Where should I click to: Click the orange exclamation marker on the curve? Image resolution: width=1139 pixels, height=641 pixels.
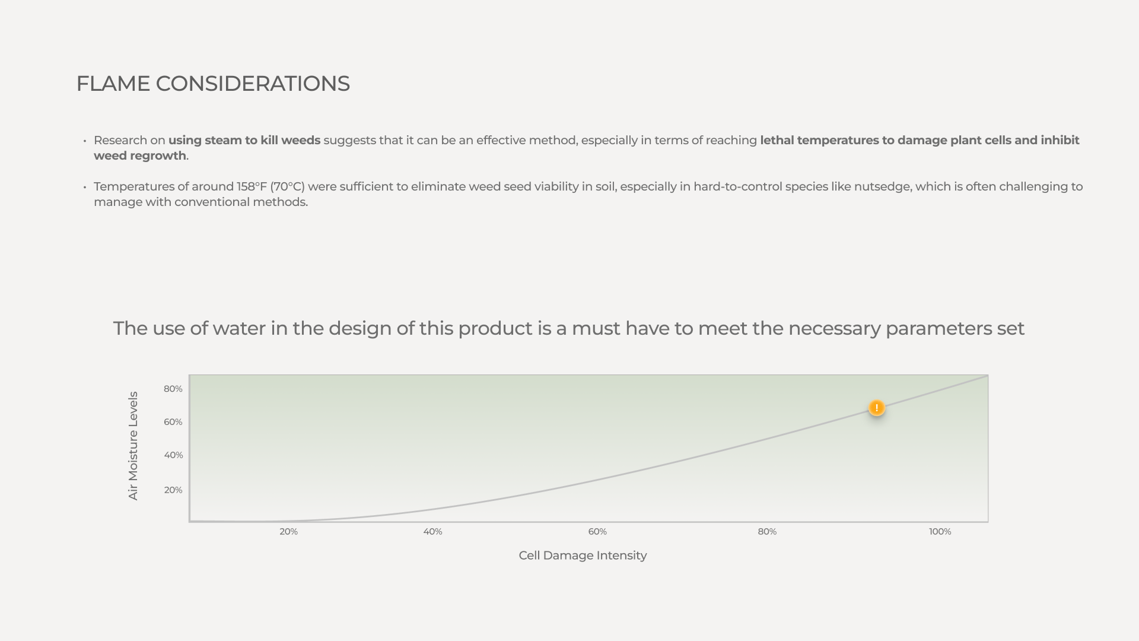click(x=876, y=408)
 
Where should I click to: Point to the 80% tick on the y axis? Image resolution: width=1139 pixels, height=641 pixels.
click(x=173, y=389)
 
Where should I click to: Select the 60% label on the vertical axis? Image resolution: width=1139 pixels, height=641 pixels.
click(x=173, y=422)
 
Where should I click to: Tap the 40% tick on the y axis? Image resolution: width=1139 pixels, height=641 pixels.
click(x=173, y=455)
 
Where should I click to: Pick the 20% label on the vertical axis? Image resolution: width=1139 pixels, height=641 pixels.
click(x=173, y=490)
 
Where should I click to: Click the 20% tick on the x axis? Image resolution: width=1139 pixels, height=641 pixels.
click(x=288, y=532)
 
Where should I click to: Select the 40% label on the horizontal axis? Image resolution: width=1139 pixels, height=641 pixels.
click(x=432, y=532)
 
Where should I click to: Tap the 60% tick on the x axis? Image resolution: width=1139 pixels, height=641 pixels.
click(x=597, y=532)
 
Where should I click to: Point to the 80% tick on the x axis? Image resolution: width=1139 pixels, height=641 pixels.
click(x=767, y=532)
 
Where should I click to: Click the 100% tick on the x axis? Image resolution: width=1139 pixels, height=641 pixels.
click(x=940, y=532)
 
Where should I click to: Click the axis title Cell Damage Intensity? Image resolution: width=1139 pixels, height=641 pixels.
click(x=583, y=556)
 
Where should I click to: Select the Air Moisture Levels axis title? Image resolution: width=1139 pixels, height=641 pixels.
click(x=133, y=446)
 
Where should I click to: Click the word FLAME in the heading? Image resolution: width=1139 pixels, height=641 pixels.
click(x=113, y=84)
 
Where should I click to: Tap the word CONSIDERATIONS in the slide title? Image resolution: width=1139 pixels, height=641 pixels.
click(x=253, y=84)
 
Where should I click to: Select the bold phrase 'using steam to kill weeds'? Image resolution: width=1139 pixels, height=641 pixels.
click(x=244, y=141)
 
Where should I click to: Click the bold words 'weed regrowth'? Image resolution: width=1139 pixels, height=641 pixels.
click(x=140, y=156)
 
